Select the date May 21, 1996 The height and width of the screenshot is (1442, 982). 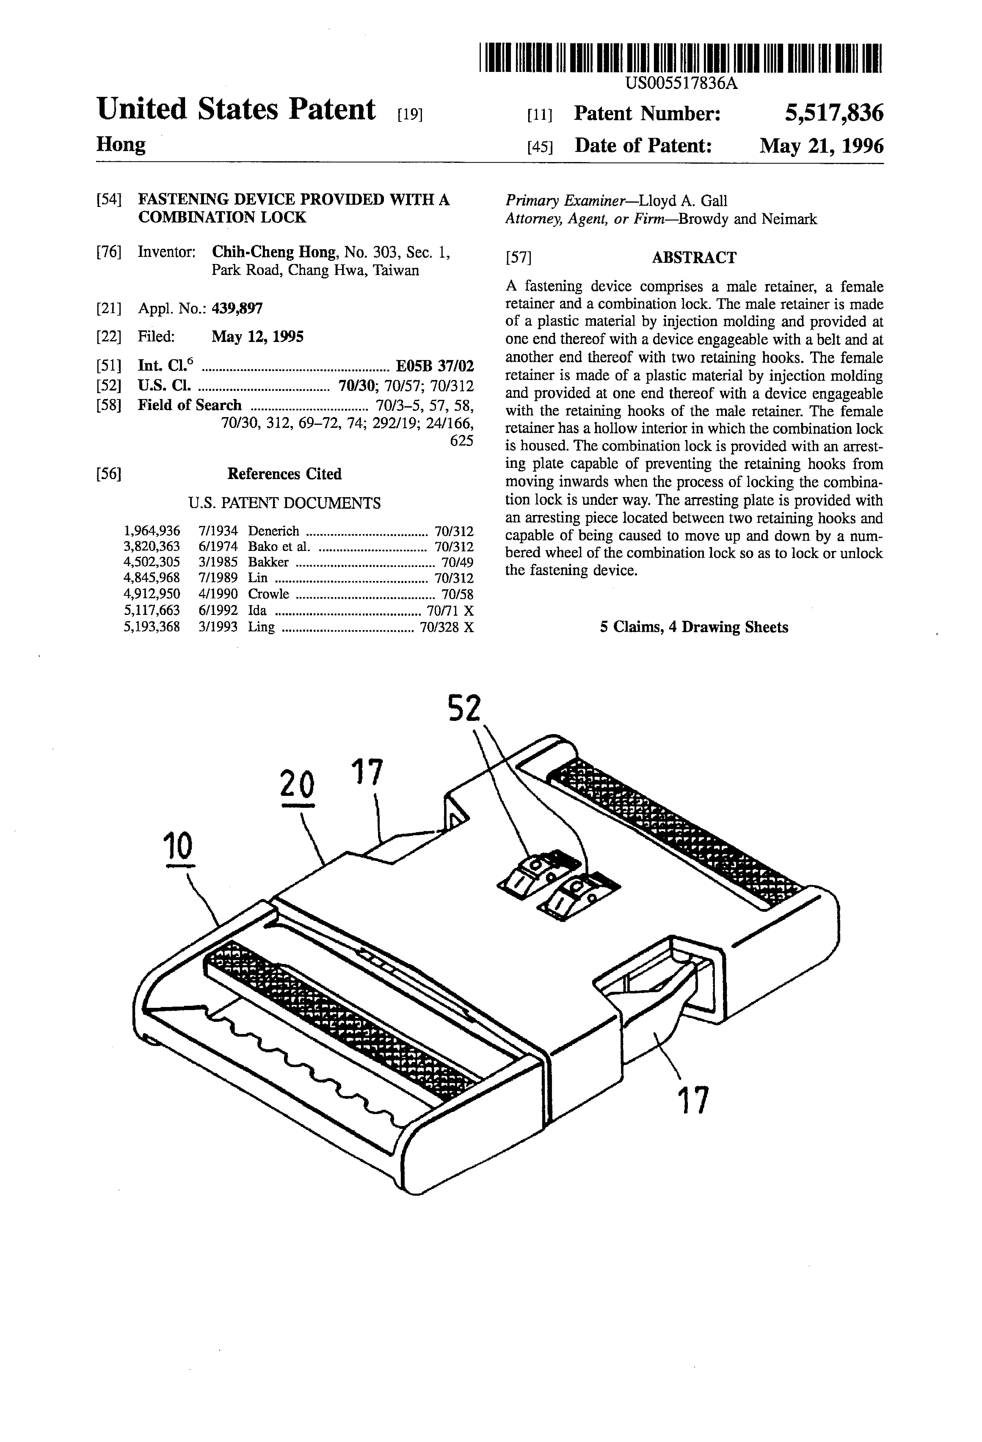pos(821,146)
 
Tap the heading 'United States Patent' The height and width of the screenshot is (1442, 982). pos(236,110)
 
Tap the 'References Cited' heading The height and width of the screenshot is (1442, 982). pos(284,474)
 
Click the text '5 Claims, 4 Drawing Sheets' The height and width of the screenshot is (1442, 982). pos(693,627)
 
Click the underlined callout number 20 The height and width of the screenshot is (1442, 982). pos(297,784)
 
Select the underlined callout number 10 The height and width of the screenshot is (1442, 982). pos(178,845)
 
